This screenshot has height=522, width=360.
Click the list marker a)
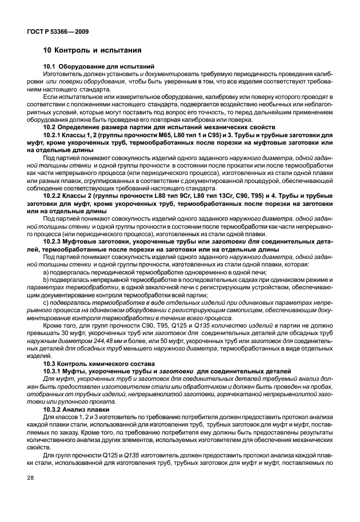[47, 273]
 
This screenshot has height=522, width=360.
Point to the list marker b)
[47, 281]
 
